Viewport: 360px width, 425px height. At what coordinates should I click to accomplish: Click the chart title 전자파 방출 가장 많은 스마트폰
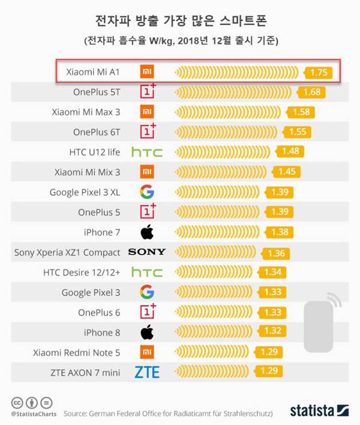tap(180, 22)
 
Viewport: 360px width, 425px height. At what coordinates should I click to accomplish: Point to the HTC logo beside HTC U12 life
tap(147, 152)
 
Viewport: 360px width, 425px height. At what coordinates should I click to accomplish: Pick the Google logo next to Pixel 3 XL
tap(147, 192)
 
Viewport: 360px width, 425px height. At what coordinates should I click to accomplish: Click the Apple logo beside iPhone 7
tap(147, 232)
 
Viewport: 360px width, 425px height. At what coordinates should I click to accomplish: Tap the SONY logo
tap(147, 252)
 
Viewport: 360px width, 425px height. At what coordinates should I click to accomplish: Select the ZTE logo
tap(147, 373)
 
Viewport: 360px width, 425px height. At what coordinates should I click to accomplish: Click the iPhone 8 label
tap(103, 333)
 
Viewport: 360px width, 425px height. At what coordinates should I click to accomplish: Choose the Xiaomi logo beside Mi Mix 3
tap(147, 172)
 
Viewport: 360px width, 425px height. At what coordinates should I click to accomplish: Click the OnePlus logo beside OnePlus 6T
tap(148, 131)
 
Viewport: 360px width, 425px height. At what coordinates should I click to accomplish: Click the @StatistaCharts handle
tap(34, 414)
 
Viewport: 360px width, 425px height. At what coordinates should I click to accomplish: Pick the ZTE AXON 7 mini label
tap(86, 373)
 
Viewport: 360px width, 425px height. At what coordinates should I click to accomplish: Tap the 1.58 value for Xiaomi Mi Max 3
tap(301, 112)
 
